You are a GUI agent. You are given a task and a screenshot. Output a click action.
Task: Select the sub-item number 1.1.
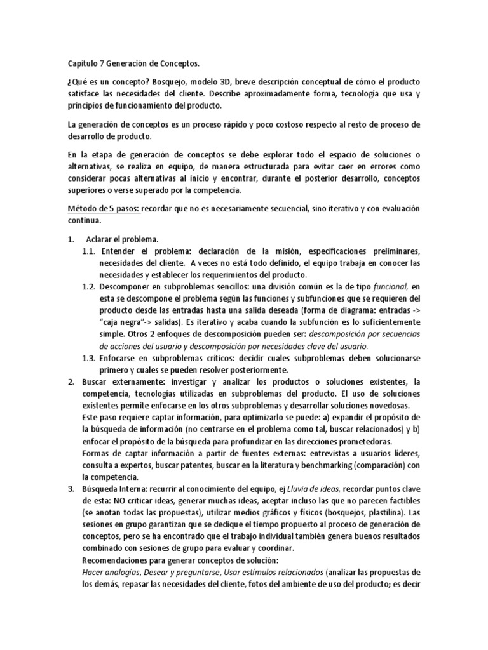click(x=88, y=252)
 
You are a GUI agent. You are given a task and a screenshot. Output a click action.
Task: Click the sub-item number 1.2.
click(x=88, y=287)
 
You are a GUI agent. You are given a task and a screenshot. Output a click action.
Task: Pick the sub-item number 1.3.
click(x=88, y=359)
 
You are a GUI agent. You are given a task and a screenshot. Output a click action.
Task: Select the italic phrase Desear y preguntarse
click(x=181, y=571)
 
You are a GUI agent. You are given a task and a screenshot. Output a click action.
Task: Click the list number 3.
click(x=71, y=488)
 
